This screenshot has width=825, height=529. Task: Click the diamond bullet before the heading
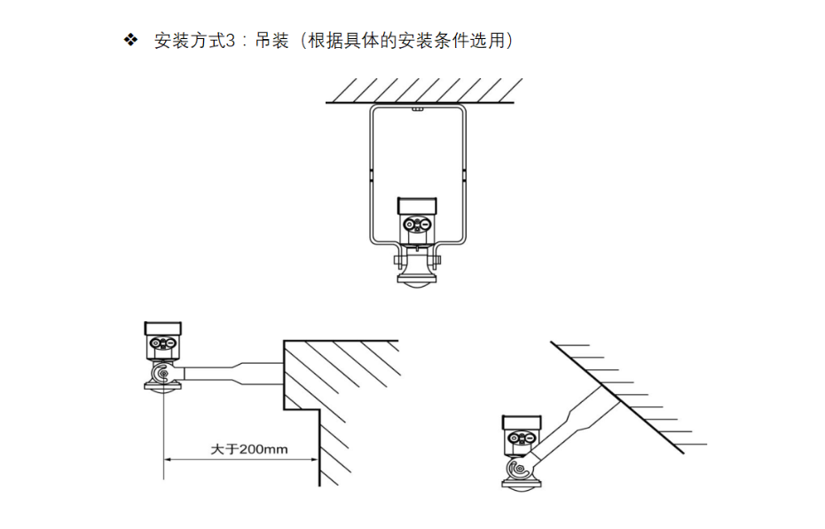(x=131, y=40)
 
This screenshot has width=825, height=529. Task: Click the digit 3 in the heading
(x=232, y=41)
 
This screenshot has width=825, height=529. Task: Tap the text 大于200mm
(x=248, y=448)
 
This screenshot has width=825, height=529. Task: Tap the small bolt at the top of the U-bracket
(x=415, y=111)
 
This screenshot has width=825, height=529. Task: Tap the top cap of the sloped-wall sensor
(x=519, y=422)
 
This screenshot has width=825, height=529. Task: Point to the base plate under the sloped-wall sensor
(x=520, y=484)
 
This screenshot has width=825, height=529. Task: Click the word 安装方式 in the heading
(x=183, y=41)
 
